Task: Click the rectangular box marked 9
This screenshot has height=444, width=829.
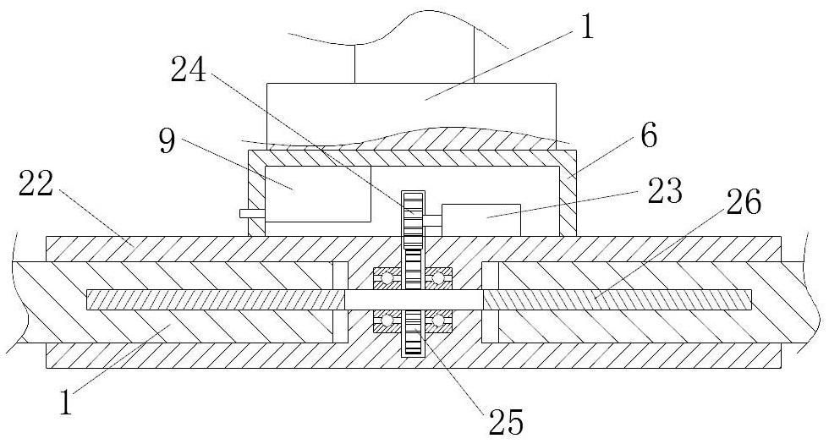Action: [317, 193]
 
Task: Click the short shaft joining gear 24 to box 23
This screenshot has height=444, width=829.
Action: [431, 221]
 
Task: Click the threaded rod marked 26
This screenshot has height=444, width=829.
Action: [618, 299]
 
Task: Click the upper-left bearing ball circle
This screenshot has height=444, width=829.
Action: [386, 278]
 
